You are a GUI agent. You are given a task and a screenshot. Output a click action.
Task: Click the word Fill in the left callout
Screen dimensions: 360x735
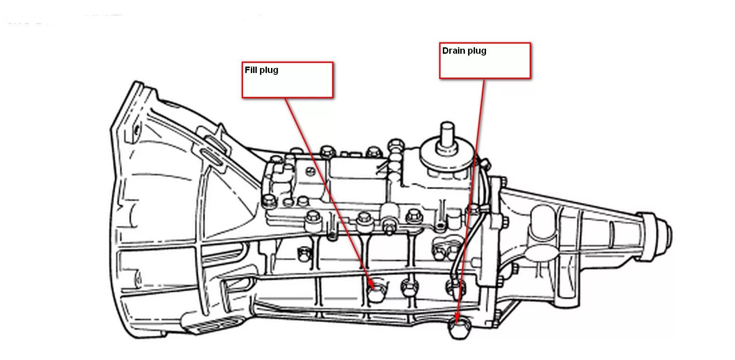tap(251, 70)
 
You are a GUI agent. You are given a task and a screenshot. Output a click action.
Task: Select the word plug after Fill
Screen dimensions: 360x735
tap(268, 71)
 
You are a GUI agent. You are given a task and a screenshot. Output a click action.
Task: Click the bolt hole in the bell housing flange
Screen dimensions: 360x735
tap(136, 129)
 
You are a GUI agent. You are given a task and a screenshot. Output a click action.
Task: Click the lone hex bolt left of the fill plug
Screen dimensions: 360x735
tap(304, 252)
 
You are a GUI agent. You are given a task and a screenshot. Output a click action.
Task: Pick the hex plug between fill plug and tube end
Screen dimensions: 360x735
tap(409, 288)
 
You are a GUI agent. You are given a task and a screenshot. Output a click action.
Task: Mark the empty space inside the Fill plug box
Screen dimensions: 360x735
tap(287, 86)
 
